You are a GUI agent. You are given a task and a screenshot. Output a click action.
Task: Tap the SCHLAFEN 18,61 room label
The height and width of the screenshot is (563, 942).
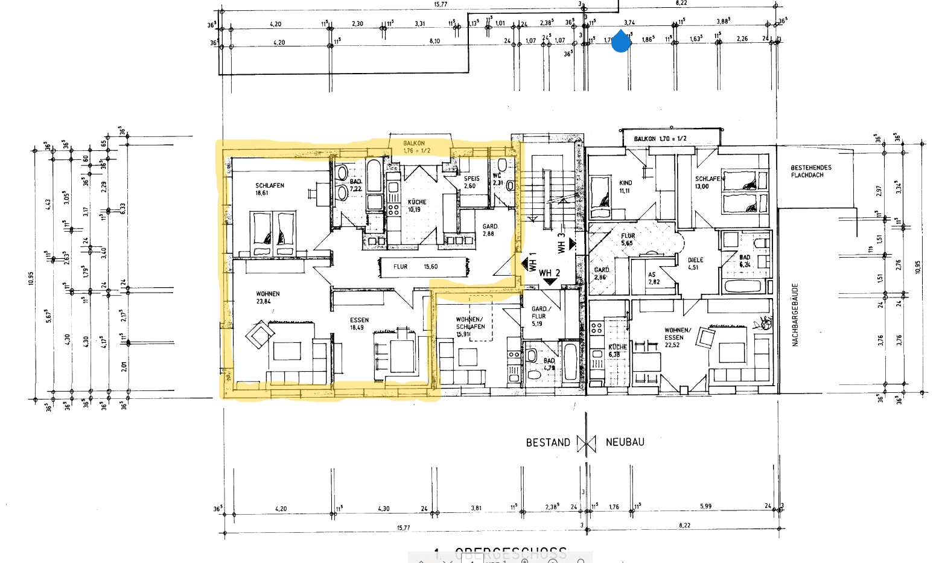269,189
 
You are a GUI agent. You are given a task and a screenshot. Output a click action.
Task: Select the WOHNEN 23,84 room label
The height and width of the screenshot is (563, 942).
267,297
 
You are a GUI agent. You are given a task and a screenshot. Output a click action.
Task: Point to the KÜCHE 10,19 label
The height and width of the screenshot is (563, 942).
416,206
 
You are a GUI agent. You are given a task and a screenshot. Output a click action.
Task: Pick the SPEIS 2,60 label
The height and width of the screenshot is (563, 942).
471,182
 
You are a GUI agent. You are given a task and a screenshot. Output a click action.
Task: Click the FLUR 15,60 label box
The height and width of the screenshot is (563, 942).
422,267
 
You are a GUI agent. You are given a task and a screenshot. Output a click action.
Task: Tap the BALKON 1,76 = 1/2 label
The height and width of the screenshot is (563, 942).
416,147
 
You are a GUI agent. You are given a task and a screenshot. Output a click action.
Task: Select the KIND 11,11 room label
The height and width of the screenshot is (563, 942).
625,186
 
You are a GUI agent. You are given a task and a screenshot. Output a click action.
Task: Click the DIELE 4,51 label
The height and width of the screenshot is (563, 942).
695,264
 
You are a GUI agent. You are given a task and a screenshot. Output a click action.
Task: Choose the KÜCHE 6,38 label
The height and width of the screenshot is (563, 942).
617,351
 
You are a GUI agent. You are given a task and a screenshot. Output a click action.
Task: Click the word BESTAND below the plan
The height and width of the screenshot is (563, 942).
547,442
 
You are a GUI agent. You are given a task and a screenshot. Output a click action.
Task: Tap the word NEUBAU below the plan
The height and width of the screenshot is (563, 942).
625,442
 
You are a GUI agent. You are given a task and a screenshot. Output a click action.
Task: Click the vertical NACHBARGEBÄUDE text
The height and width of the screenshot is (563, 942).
795,315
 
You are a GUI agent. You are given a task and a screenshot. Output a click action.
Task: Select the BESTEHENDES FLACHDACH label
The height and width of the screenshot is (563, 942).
810,171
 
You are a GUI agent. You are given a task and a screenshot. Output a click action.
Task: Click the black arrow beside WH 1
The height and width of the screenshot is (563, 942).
524,263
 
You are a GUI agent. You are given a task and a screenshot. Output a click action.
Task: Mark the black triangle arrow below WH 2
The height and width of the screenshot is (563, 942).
549,281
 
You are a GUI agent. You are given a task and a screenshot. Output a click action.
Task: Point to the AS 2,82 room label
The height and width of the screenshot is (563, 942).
654,278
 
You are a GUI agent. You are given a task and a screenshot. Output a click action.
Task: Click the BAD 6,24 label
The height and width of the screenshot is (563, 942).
745,261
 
